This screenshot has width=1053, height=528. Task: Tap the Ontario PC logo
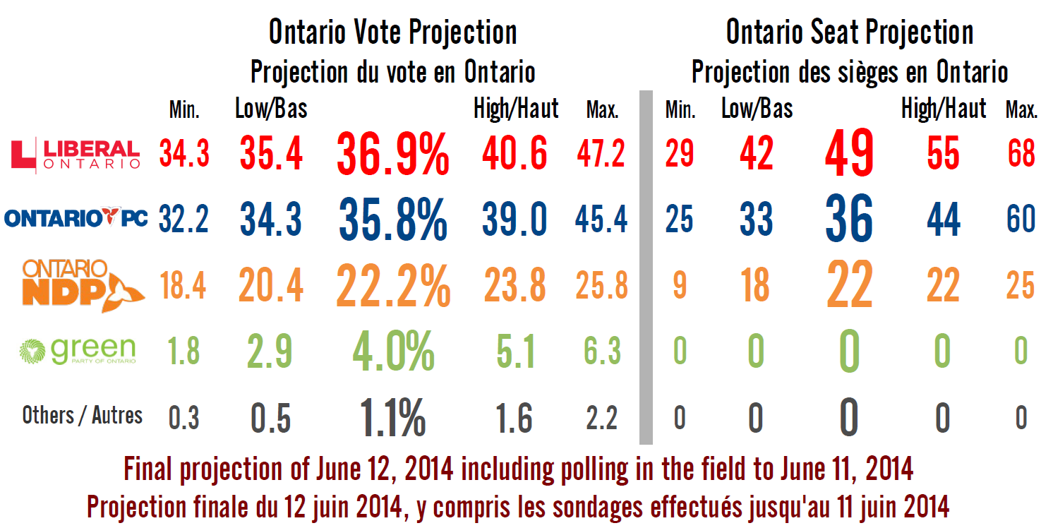pos(76,218)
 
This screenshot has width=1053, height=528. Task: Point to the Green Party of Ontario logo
pos(77,350)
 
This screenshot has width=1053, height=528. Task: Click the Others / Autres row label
pos(82,416)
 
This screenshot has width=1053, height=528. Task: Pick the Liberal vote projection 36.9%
pos(392,155)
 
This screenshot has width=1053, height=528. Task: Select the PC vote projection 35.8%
pos(392,220)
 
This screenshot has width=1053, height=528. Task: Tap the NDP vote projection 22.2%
pos(392,285)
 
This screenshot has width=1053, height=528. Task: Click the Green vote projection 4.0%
pos(392,351)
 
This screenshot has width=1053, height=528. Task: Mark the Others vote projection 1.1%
pos(392,417)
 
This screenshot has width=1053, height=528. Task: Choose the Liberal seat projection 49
pos(849,153)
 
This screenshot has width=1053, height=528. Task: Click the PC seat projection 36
pos(849,219)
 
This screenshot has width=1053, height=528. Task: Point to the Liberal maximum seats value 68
pos(1021,153)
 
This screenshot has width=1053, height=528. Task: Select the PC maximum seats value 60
pos(1021,220)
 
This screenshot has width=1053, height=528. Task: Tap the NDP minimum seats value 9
pos(679,286)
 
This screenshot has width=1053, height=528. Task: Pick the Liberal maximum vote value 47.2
pos(601,153)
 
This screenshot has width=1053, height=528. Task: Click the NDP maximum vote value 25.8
pos(601,286)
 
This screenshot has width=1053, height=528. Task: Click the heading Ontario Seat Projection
pos(849,32)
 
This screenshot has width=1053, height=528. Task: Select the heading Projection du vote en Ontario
pos(392,71)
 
